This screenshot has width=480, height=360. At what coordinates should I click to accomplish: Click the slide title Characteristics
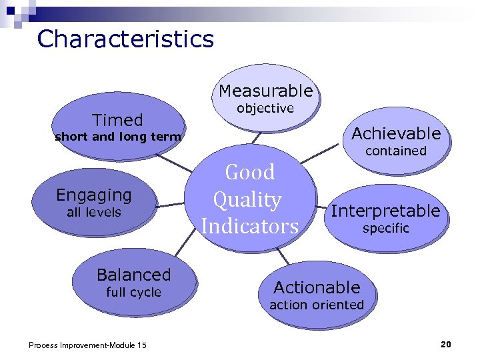tap(125, 39)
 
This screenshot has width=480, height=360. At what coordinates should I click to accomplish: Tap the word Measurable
tap(265, 91)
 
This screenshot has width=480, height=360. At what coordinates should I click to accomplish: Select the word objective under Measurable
tap(265, 108)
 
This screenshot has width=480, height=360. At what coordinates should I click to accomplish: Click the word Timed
tap(117, 120)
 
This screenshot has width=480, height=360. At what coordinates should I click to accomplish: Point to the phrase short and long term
tap(117, 137)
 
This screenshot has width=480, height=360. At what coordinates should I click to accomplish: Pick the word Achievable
tap(396, 133)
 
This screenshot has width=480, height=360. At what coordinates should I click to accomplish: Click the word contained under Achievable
tap(396, 151)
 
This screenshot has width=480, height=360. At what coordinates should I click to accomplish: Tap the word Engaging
tap(94, 195)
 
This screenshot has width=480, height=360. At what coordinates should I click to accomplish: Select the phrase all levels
tap(94, 213)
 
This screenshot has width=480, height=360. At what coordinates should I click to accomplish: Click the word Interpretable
tap(385, 211)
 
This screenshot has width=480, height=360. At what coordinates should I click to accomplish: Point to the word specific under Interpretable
tap(385, 229)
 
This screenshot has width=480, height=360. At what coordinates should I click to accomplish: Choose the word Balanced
tap(133, 275)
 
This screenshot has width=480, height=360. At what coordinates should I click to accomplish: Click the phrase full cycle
tap(133, 292)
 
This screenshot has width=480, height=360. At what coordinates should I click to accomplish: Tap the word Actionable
tap(317, 287)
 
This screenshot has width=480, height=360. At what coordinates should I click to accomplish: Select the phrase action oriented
tap(317, 305)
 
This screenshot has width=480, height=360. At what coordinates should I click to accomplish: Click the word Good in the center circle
tap(250, 172)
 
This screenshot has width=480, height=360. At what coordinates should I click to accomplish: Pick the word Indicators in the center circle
tap(250, 226)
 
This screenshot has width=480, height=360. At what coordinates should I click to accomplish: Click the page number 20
tap(446, 344)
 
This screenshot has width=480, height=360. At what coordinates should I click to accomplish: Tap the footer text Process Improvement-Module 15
tap(88, 345)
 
